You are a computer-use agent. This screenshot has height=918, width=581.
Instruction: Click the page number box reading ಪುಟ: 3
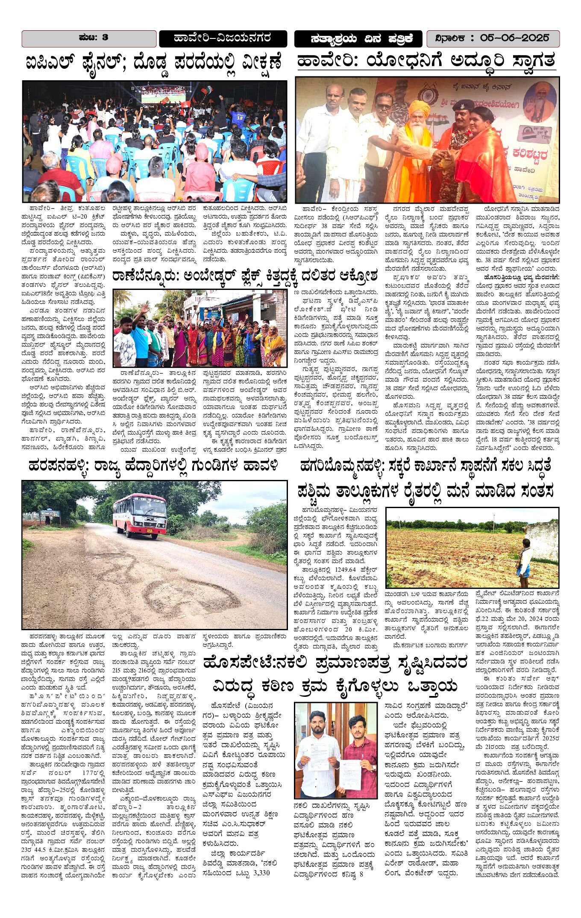coord(89,38)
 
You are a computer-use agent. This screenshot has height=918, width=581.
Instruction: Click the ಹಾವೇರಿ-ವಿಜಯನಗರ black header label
coord(223,38)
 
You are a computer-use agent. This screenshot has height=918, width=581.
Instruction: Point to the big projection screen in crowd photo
coord(163,94)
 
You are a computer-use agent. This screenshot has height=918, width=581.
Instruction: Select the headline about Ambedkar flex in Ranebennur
coord(244,276)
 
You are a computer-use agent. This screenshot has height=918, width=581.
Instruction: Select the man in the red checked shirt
coord(359,751)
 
